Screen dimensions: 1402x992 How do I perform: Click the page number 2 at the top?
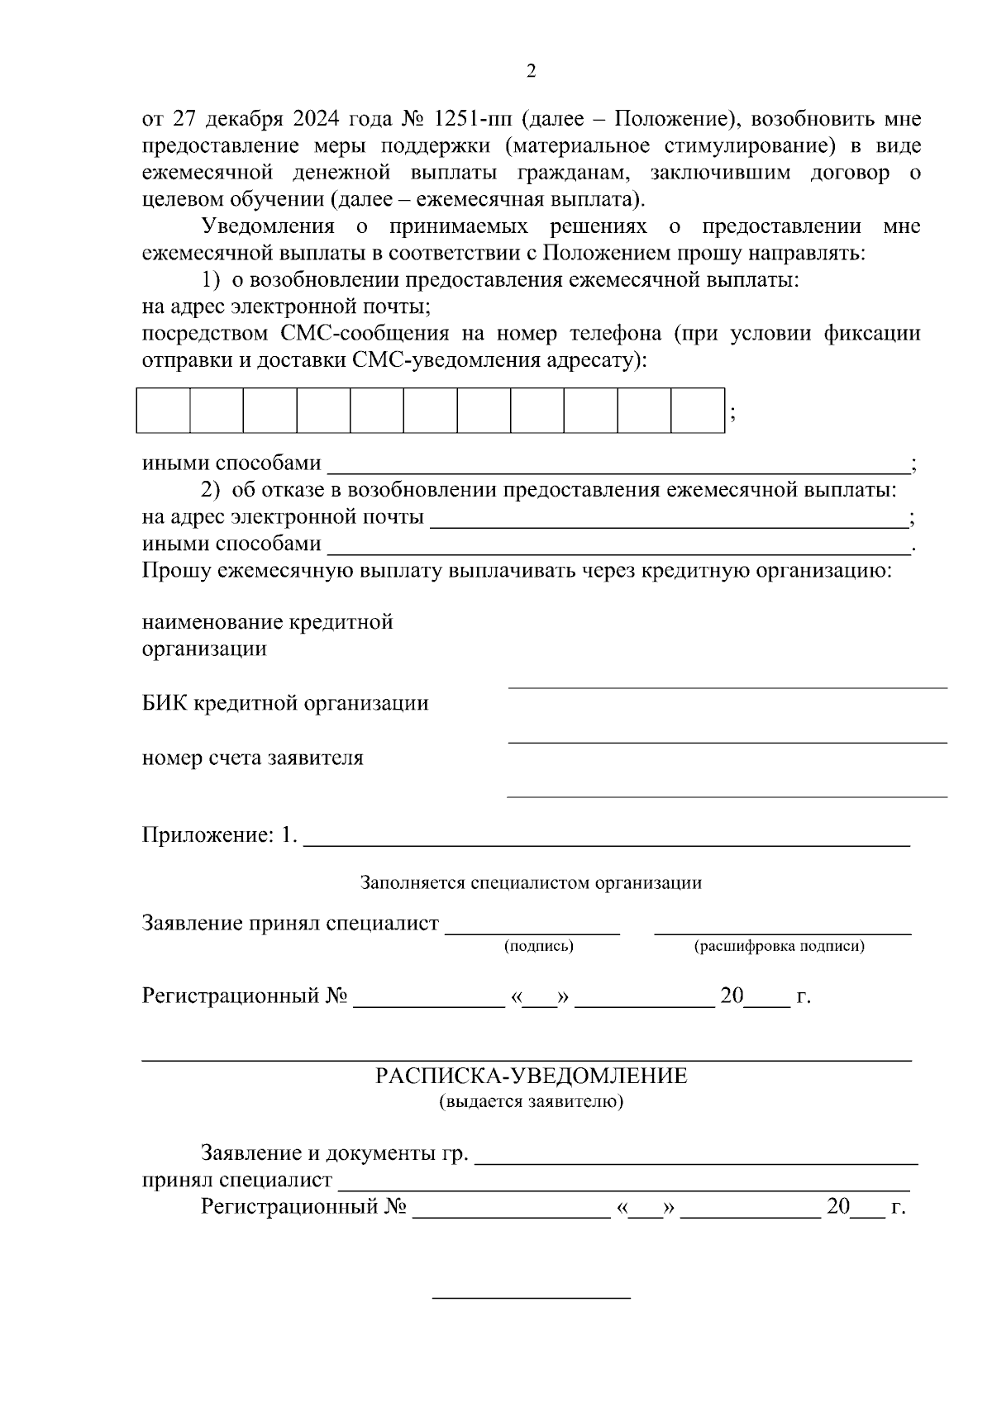coord(531,72)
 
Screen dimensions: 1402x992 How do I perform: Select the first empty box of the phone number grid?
coord(163,410)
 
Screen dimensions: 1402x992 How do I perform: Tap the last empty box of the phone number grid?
coord(697,410)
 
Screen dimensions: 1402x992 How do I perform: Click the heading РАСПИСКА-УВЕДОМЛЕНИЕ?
coord(531,1076)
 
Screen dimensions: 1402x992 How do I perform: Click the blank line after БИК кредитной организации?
coord(727,740)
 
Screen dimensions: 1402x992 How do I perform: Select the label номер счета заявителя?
coord(252,758)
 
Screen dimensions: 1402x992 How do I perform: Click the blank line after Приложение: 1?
coord(607,844)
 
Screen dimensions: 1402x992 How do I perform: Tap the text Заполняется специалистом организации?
coord(531,883)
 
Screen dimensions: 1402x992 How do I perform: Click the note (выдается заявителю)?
coord(531,1102)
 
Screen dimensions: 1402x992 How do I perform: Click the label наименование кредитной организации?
coord(267,634)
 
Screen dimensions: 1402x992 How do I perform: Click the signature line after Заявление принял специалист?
coord(532,932)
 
